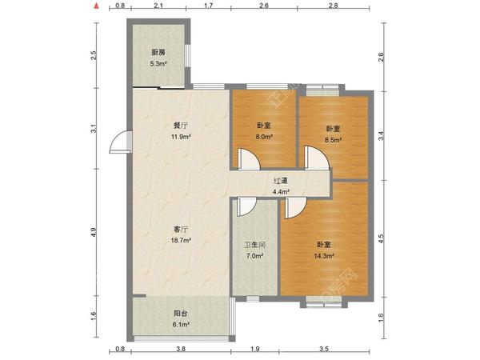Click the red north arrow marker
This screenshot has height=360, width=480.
click(x=97, y=6)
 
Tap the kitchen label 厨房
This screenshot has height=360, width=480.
click(x=158, y=52)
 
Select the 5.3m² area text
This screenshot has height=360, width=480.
click(x=158, y=64)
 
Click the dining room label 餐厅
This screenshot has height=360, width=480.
click(x=181, y=126)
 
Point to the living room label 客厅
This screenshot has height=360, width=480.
click(x=181, y=229)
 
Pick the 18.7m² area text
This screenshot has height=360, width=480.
click(x=181, y=240)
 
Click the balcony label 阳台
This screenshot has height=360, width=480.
click(x=181, y=313)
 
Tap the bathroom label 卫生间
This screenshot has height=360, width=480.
click(x=254, y=245)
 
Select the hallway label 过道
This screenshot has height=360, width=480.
click(x=281, y=181)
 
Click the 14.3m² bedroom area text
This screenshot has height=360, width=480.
click(x=324, y=256)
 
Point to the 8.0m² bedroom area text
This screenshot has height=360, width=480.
click(x=264, y=137)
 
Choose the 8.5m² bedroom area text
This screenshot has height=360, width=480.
click(x=333, y=140)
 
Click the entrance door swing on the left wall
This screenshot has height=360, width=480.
click(x=121, y=142)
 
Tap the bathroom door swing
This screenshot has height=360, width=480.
click(x=246, y=207)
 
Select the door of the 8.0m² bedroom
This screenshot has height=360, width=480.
click(x=249, y=158)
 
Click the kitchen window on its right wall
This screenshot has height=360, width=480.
click(x=187, y=55)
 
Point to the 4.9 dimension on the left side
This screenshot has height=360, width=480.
click(x=94, y=232)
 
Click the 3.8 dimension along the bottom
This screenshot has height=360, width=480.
click(x=181, y=349)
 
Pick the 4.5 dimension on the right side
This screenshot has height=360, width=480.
click(x=381, y=238)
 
